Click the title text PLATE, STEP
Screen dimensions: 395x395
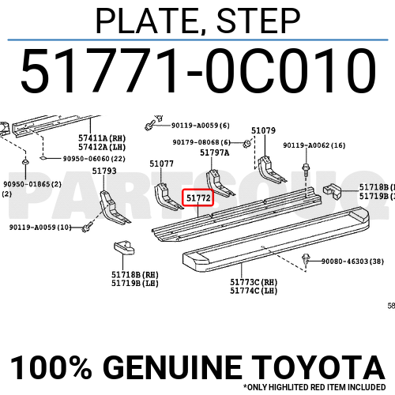tap(197, 21)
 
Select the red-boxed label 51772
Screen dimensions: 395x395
tap(197, 197)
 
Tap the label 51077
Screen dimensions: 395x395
tap(161, 164)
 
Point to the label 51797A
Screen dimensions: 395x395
tap(214, 152)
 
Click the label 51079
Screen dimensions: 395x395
tap(263, 130)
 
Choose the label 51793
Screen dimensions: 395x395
tap(104, 171)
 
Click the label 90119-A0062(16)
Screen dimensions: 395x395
tap(314, 145)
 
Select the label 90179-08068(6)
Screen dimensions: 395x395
tap(202, 142)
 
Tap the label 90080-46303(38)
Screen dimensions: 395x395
tap(352, 261)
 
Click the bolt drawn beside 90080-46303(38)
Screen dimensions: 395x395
tap(307, 260)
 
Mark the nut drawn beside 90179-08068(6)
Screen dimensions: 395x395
tap(247, 143)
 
